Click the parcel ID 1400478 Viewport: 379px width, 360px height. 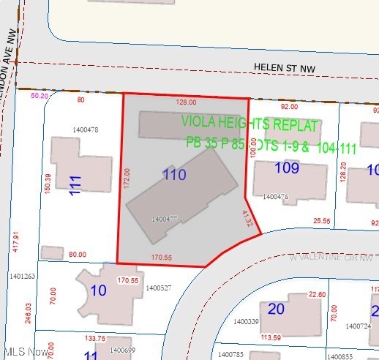coord(86,130)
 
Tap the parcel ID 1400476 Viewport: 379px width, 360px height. coord(275,197)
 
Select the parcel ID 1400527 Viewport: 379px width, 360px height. coord(158,288)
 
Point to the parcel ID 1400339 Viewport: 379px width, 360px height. coord(246,321)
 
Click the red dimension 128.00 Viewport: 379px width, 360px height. coord(187,102)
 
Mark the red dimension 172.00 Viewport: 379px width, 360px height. coord(126,176)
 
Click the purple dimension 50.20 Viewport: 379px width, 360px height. coord(40,96)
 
